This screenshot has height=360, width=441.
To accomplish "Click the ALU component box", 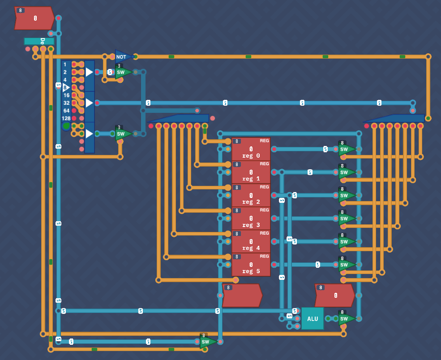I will point(312,318).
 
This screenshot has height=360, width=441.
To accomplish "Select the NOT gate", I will point(122,57).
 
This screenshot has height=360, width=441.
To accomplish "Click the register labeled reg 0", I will point(251,149).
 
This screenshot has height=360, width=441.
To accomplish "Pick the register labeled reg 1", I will point(251,172).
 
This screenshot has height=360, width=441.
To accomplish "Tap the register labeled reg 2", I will point(251,196).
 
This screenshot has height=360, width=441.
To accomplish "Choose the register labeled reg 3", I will point(251,219).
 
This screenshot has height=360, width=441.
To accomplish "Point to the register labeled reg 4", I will point(251,242).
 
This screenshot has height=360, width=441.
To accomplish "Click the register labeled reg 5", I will point(251,265).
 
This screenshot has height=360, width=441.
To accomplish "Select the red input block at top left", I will point(34,18).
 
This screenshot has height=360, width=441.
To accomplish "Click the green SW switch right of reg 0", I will point(346,149).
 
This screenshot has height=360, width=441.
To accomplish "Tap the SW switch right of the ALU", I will point(346,319).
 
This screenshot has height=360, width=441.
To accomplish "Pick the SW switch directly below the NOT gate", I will point(122,72).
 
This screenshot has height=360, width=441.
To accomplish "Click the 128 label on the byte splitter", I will point(66,119).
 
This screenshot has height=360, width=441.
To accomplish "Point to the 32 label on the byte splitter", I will point(66,103).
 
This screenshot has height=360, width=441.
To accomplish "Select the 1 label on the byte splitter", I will point(65,64).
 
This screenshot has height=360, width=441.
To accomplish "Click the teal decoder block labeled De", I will point(39,41).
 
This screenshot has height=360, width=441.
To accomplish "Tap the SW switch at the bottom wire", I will point(207,342).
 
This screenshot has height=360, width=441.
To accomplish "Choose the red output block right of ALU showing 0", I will point(334,296).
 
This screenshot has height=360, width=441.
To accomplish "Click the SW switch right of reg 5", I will point(346,265).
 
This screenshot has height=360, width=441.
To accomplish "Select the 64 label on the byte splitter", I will point(66,111).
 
